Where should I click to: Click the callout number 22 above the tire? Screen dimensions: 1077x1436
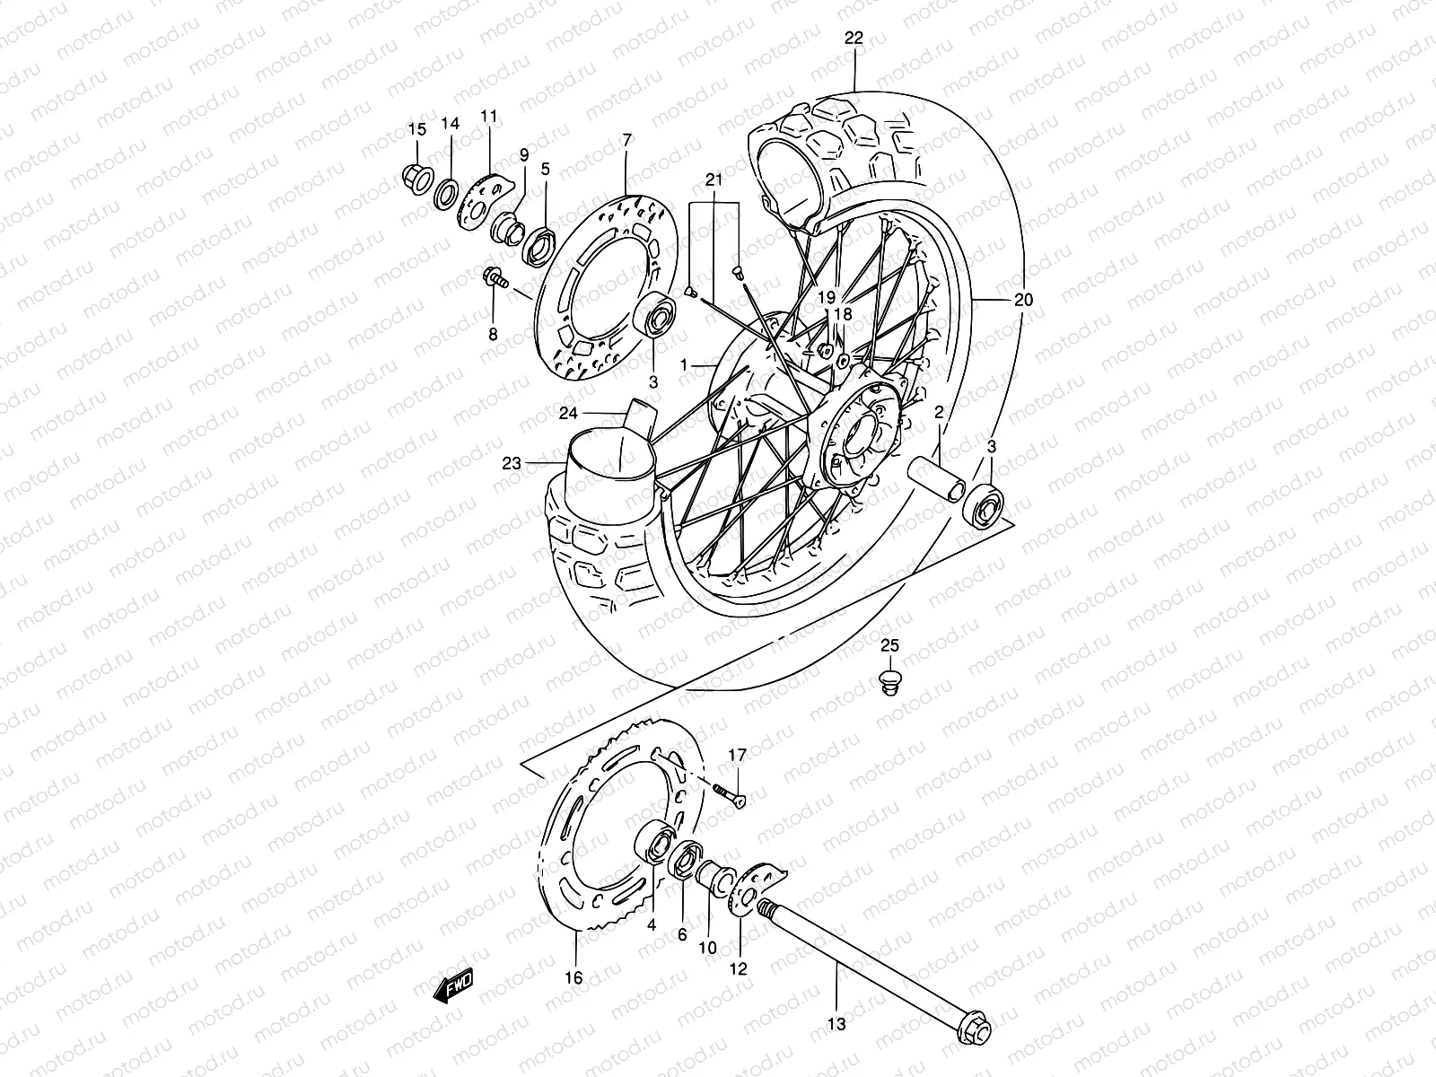pyautogui.click(x=854, y=38)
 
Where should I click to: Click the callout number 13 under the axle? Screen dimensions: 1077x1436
pyautogui.click(x=836, y=1022)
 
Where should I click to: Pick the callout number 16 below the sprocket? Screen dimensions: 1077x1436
pyautogui.click(x=574, y=977)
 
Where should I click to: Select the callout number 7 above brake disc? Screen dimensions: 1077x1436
pyautogui.click(x=626, y=139)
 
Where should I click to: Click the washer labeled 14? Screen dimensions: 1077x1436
pyautogui.click(x=445, y=195)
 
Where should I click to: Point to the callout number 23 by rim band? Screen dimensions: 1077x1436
pyautogui.click(x=512, y=463)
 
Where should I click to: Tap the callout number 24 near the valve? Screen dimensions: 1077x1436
pyautogui.click(x=567, y=414)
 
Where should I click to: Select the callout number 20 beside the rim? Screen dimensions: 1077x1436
pyautogui.click(x=1023, y=300)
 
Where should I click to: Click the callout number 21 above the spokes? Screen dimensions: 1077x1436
pyautogui.click(x=714, y=180)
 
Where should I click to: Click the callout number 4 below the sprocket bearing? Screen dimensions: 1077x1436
pyautogui.click(x=652, y=924)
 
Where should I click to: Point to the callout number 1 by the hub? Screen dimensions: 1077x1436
pyautogui.click(x=684, y=365)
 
